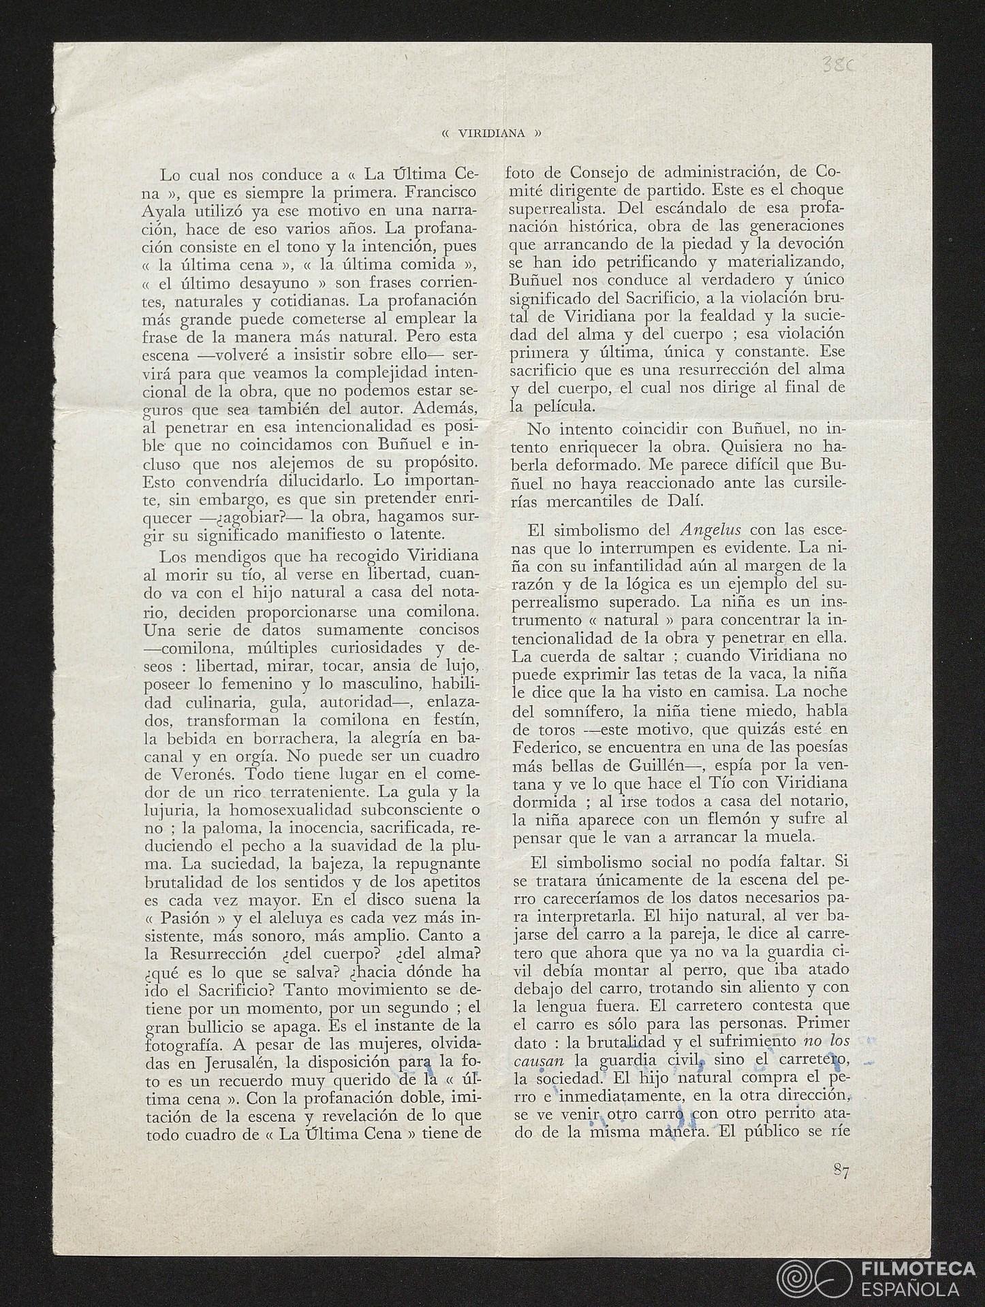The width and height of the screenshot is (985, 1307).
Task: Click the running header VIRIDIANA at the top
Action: coord(491,133)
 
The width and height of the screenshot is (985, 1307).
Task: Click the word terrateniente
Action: coord(298,792)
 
